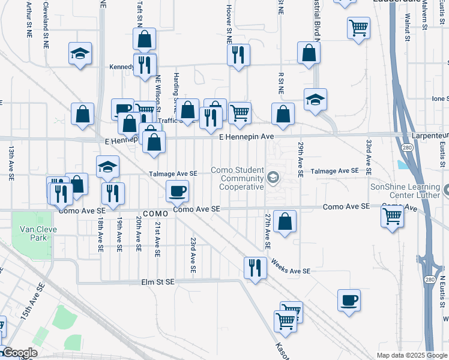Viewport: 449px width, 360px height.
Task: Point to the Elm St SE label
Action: point(157,282)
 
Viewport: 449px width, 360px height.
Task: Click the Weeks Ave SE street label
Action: point(290,267)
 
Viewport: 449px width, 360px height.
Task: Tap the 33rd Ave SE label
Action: point(369,154)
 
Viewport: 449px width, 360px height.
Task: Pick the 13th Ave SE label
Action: point(11,163)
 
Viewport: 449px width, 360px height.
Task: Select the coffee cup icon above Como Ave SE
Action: point(178,191)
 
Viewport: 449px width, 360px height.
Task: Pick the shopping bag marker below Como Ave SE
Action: point(285,221)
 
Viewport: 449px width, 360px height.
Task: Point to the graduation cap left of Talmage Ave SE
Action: point(107,167)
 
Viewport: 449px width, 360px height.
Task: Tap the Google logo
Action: point(19,353)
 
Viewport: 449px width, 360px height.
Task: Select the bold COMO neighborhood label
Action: point(154,214)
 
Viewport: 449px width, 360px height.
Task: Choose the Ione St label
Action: point(439,98)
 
